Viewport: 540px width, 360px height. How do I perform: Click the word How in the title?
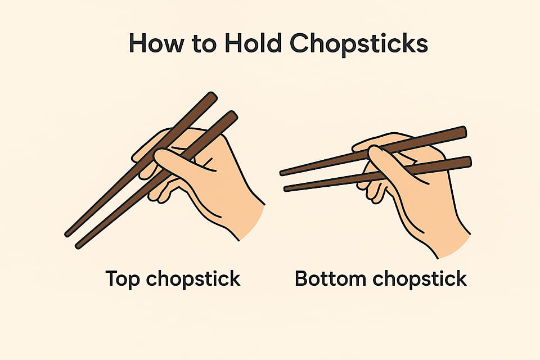pyautogui.click(x=156, y=43)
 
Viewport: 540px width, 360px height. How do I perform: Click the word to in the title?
pyautogui.click(x=204, y=44)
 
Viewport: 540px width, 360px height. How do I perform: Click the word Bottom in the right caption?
pyautogui.click(x=330, y=278)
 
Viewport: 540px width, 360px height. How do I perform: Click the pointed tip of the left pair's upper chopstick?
pyautogui.click(x=67, y=235)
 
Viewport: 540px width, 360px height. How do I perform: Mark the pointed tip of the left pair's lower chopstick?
pyautogui.click(x=78, y=246)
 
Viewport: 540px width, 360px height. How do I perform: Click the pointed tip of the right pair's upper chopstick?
pyautogui.click(x=282, y=173)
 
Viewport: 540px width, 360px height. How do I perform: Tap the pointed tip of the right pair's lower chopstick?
pyautogui.click(x=286, y=189)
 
